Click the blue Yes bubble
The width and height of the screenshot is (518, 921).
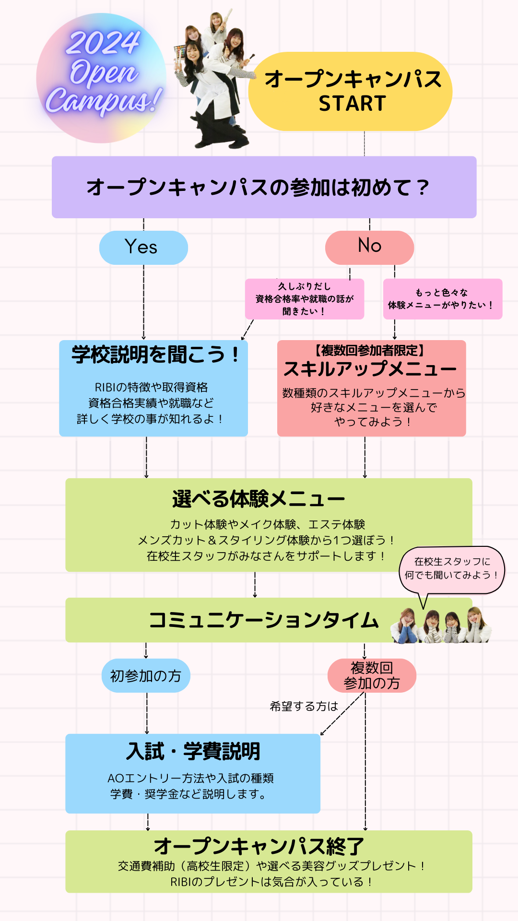click(143, 248)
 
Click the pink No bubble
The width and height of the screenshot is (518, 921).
click(369, 248)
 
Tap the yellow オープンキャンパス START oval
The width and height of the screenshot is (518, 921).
click(350, 91)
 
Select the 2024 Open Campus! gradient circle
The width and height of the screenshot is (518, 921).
click(102, 78)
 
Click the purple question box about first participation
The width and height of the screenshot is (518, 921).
click(264, 187)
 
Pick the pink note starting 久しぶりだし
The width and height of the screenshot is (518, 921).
click(305, 299)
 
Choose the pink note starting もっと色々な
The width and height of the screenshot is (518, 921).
click(443, 299)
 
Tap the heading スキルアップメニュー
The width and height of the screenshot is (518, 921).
click(370, 369)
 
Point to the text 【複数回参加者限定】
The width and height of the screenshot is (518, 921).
click(369, 351)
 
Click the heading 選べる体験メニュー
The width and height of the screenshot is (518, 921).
click(259, 499)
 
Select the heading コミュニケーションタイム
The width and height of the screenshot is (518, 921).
click(264, 620)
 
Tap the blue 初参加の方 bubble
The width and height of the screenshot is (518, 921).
click(146, 675)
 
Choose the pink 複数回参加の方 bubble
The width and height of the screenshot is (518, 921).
click(372, 675)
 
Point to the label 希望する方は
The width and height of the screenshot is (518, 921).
click(304, 706)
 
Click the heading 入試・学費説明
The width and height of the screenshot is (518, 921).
click(193, 751)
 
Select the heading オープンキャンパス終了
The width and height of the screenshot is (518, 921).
click(259, 846)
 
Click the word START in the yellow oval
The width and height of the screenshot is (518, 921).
click(353, 104)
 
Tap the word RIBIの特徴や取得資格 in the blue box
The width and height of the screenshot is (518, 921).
click(151, 387)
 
